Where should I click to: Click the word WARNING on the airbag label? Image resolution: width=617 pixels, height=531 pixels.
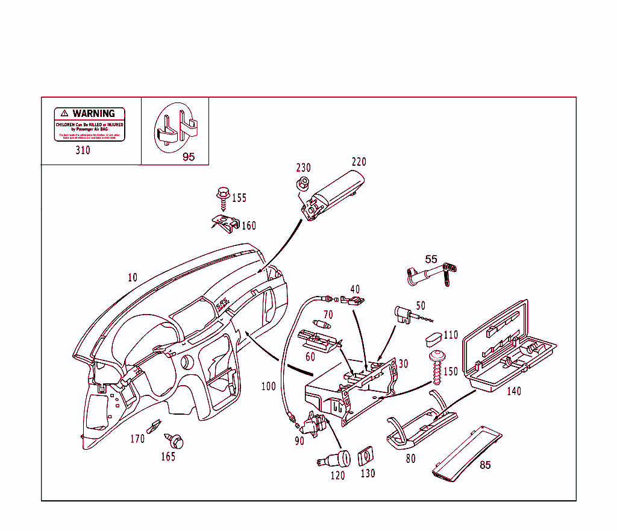(93, 113)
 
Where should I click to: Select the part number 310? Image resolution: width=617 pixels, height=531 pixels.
(83, 150)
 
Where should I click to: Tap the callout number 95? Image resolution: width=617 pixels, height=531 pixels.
(189, 157)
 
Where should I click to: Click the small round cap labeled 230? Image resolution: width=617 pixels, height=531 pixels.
(304, 183)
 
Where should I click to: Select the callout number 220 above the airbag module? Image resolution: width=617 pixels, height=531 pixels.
(359, 162)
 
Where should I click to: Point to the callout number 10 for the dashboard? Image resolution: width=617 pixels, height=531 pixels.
(133, 278)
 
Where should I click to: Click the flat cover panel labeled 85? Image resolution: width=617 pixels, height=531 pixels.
(468, 453)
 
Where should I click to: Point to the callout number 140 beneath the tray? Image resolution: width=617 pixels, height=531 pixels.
(513, 391)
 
